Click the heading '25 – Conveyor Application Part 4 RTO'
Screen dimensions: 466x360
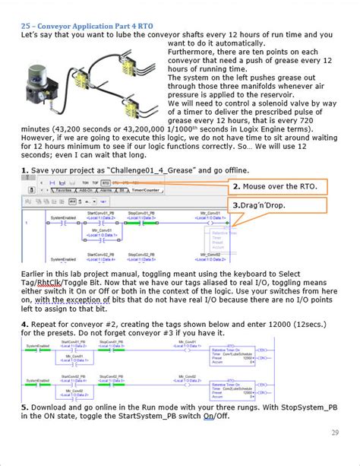[92, 24]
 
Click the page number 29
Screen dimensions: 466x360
[335, 433]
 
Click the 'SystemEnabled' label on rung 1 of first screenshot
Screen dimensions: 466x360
[64, 217]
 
